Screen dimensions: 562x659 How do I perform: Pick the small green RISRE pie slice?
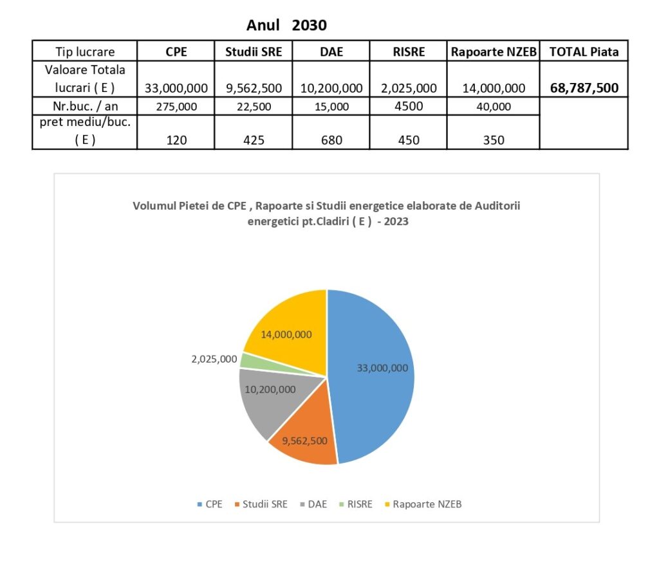[x=246, y=360]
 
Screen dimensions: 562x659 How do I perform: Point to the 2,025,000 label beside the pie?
[x=214, y=359]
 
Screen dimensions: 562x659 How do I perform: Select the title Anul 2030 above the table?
[x=286, y=26]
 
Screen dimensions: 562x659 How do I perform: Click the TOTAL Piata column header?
[x=584, y=52]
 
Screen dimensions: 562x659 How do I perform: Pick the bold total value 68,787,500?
[x=584, y=88]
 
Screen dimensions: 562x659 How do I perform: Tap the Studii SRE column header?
[x=254, y=52]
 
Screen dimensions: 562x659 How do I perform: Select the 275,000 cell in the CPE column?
[x=176, y=107]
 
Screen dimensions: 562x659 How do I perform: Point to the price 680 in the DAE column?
[x=331, y=140]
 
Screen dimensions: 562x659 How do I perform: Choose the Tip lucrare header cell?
[x=85, y=52]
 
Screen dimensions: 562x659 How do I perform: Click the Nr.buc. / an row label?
[x=85, y=107]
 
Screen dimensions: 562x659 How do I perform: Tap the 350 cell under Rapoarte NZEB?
[x=493, y=140]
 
